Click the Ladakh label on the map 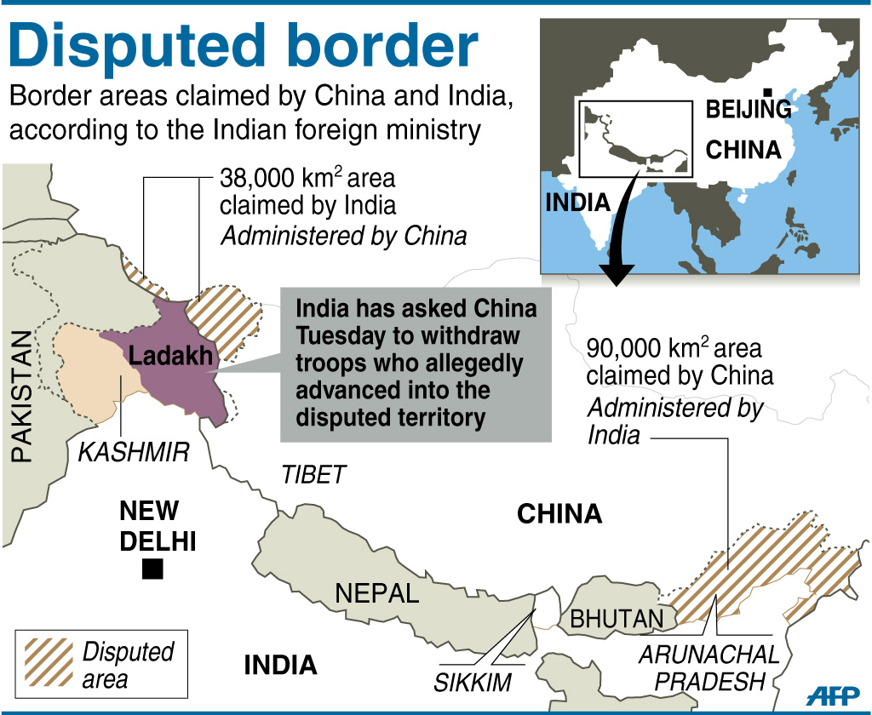(x=170, y=356)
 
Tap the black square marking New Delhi (x=152, y=569)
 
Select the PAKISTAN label (x=22, y=396)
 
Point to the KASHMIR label (x=134, y=452)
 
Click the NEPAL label (x=377, y=593)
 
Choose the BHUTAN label (x=616, y=619)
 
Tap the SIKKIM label (x=473, y=682)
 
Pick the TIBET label (x=314, y=474)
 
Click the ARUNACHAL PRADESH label (x=708, y=668)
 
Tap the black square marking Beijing (x=767, y=92)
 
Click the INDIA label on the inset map (x=578, y=203)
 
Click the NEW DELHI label (x=158, y=525)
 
